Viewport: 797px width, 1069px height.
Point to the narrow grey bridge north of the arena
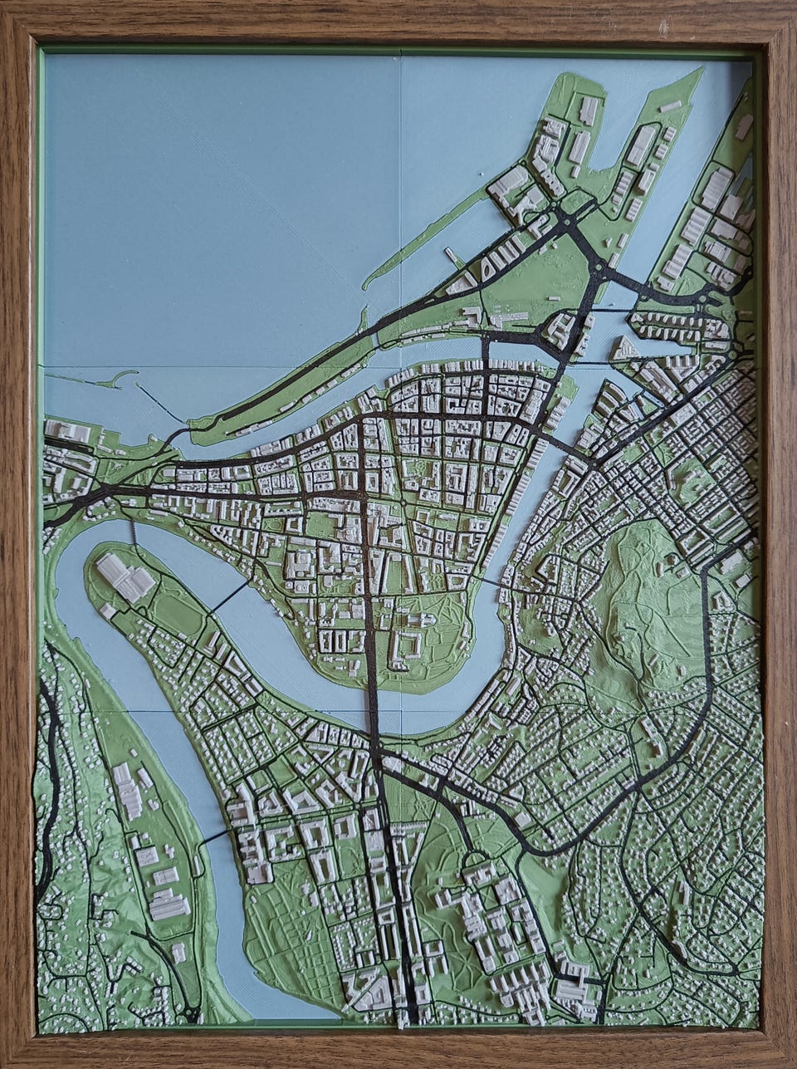(x=131, y=532)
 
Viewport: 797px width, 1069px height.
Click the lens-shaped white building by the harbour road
(x=487, y=266)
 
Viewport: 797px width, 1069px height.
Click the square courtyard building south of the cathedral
(x=408, y=645)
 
